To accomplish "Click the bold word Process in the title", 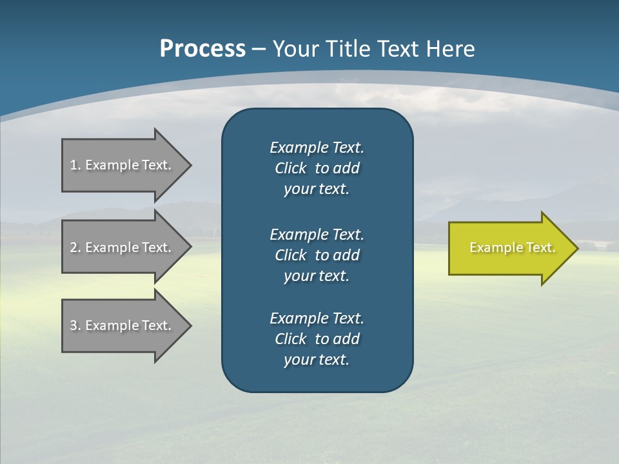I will point(202,49).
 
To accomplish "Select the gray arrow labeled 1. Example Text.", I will point(123,165).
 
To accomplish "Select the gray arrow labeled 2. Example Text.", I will point(123,247).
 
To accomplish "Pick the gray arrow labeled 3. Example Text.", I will point(123,325).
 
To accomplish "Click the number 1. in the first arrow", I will point(75,165).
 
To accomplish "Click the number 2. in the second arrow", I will point(75,247).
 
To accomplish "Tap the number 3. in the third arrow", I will point(75,325).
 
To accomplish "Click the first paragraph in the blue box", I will point(317,168).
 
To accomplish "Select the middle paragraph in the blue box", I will point(317,255).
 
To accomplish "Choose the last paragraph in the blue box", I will point(317,339).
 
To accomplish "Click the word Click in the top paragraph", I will point(290,168).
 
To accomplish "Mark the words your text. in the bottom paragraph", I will point(317,360).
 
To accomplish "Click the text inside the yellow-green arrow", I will point(512,247).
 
